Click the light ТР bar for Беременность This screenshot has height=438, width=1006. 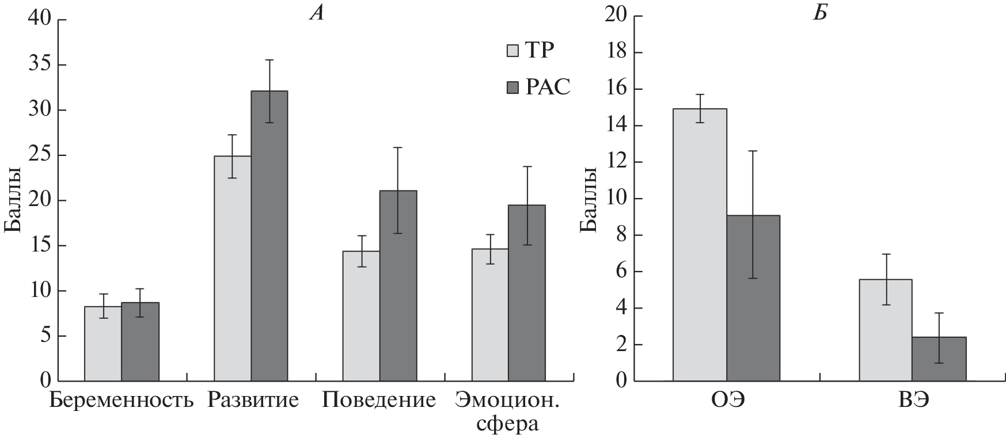tap(103, 344)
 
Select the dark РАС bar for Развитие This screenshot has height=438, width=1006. tap(269, 236)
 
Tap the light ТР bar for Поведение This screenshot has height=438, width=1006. tap(361, 316)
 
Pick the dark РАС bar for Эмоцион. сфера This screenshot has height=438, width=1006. tap(526, 293)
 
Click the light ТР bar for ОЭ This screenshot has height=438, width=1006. tap(700, 245)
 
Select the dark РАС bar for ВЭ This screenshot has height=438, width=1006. tap(939, 359)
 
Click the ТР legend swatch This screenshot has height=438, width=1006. tap(513, 50)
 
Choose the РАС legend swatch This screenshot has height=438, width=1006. tap(513, 87)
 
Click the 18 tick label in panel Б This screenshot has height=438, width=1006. tap(615, 53)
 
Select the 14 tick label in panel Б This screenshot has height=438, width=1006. tap(615, 126)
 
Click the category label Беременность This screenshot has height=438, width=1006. tap(122, 400)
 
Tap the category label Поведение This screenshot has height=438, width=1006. tap(379, 400)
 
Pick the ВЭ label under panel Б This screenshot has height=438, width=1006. tap(913, 400)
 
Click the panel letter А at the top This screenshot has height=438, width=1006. tap(316, 13)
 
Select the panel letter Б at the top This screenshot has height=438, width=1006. tap(820, 13)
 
